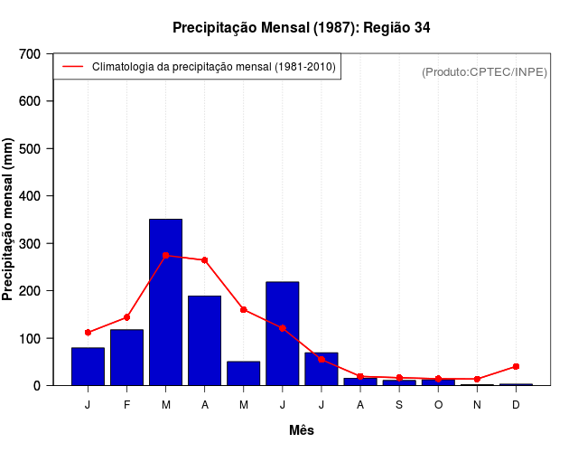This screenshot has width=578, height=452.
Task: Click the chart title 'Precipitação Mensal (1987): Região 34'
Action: coord(302,28)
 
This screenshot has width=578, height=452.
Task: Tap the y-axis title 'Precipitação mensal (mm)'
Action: coord(9,220)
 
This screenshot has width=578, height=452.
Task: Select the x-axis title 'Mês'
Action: coord(302,430)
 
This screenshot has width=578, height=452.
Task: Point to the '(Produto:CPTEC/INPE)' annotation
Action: coord(484,71)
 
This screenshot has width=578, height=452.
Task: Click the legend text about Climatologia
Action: coord(213,67)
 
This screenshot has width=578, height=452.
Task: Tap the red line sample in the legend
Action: coord(72,67)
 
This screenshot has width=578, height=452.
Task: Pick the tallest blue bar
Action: coord(165,302)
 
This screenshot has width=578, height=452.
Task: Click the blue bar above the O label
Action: coord(438,382)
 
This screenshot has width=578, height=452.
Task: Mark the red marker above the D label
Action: coord(516,366)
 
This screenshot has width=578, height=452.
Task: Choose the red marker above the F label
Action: coord(126,317)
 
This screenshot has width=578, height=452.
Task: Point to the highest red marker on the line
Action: coord(165,256)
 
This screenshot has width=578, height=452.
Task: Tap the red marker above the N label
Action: coord(477,379)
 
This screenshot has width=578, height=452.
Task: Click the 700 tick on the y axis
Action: coord(30,54)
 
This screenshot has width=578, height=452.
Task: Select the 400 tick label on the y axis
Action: coord(30,196)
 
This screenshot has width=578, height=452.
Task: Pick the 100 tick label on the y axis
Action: coord(30,338)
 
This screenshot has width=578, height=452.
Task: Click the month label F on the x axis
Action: coord(126,404)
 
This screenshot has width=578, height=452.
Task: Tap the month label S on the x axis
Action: coord(399,404)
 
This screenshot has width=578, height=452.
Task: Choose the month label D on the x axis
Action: coord(516,404)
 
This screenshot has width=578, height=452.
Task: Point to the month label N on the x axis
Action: coord(477,404)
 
